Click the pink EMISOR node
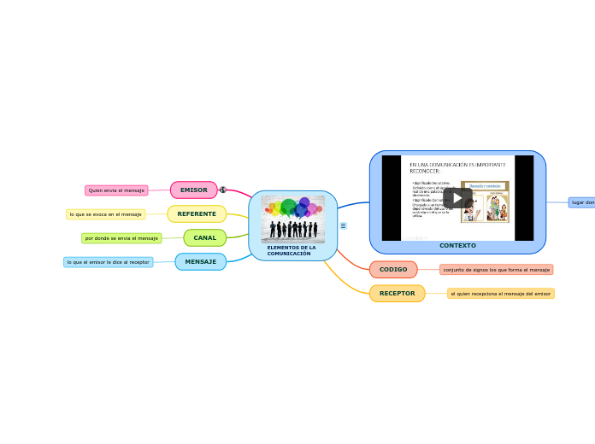coord(194,190)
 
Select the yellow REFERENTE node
coord(197,213)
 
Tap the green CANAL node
coord(204,237)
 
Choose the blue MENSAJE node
coord(201,261)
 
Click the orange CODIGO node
coord(393,269)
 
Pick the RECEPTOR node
coord(397,293)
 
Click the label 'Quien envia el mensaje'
coord(116,190)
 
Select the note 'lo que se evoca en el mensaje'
coord(106,214)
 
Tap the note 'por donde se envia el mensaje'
coord(121,238)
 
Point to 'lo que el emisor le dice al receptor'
coord(109,262)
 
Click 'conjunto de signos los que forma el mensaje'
coord(496,269)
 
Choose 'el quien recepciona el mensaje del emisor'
coord(500,293)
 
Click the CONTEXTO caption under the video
coord(457,245)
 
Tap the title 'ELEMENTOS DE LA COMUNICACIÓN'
coord(292,250)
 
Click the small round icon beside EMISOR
coord(223,190)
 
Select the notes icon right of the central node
coord(343,226)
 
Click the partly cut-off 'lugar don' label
coord(582,202)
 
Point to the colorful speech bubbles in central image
coord(292,207)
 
